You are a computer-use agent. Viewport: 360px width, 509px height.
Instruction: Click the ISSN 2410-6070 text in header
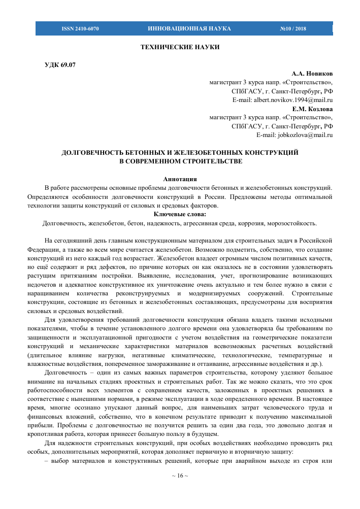(80, 28)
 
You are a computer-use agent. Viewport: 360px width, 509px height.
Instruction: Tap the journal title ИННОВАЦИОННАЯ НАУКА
(189, 28)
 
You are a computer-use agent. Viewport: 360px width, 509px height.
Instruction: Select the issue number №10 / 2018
(293, 28)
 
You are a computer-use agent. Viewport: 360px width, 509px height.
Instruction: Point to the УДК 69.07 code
(61, 65)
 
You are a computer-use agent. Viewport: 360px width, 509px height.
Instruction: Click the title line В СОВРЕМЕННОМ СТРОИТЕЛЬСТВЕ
(180, 161)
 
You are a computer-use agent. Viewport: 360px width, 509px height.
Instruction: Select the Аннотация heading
(180, 179)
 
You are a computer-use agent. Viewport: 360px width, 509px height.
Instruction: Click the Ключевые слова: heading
(180, 214)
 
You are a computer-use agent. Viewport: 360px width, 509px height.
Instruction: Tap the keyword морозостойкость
(291, 223)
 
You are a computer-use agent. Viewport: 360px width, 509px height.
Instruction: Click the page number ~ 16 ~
(180, 476)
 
